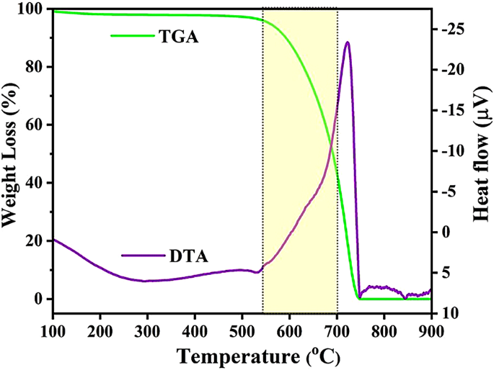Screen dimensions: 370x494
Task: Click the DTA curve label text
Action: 188,255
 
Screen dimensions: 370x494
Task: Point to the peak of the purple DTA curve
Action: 348,42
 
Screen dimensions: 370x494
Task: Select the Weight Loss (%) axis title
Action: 11,154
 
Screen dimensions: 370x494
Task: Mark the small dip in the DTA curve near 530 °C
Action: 257,272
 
